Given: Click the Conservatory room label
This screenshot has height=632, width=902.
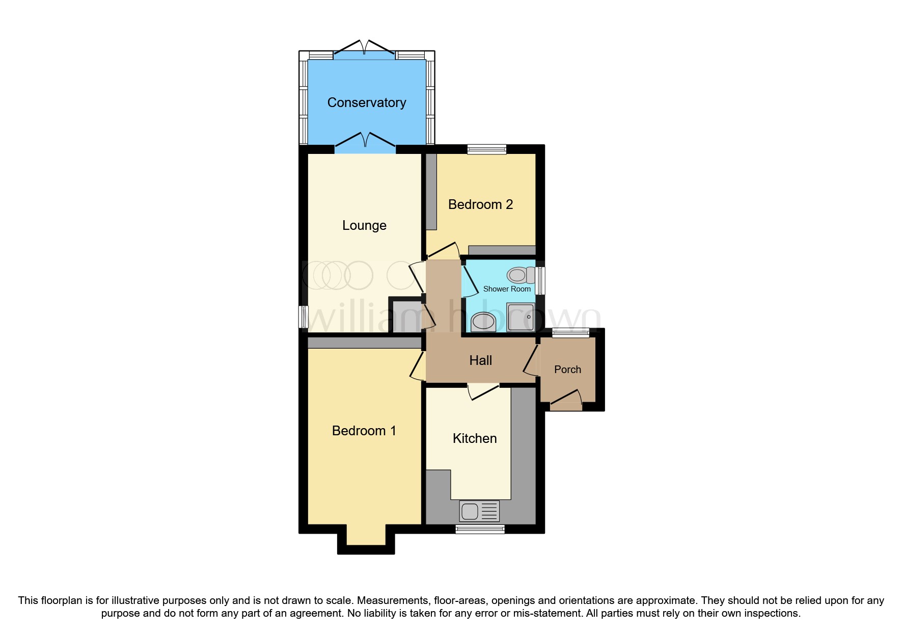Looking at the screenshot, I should (367, 102).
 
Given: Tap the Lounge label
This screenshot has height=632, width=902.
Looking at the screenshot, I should (364, 225).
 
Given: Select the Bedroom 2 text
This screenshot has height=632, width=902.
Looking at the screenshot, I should (480, 204).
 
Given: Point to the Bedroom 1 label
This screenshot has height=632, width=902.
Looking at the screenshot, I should (364, 431).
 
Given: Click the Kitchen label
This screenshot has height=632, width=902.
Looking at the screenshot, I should (475, 438).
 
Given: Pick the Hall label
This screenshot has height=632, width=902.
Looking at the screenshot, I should (480, 360).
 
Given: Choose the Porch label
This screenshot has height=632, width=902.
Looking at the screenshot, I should (567, 370).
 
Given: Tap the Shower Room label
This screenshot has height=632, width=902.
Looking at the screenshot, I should (507, 289).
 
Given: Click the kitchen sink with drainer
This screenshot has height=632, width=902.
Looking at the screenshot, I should (479, 511).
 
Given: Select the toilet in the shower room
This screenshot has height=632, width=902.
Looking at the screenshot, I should (520, 275).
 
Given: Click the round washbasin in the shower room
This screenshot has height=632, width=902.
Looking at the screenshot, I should (483, 322).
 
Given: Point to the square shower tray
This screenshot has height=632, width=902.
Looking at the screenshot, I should (521, 317).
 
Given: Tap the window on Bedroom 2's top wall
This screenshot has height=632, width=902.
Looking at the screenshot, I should (487, 149).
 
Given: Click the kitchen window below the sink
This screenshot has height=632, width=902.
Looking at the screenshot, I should (480, 530).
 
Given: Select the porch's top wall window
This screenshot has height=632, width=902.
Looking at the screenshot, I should (570, 333).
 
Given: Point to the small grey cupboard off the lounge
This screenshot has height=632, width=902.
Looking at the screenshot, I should (406, 316).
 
